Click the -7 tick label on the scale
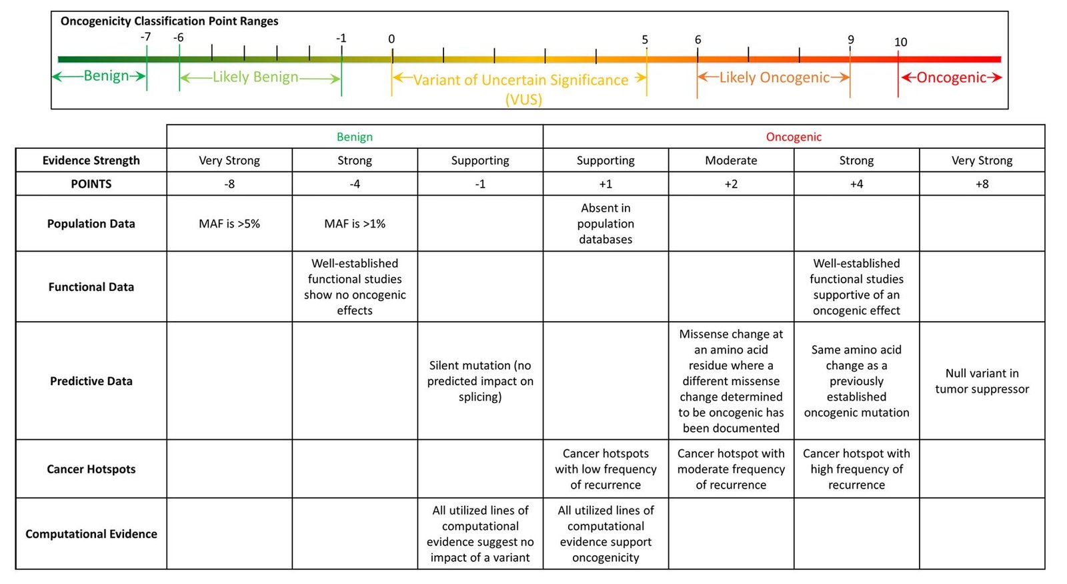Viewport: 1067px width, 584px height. click(x=146, y=37)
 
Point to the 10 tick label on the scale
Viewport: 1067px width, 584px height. click(x=900, y=42)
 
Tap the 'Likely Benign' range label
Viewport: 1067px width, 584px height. click(x=255, y=77)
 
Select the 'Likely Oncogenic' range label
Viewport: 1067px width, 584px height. click(x=774, y=77)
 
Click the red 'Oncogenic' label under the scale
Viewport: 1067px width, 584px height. click(x=951, y=77)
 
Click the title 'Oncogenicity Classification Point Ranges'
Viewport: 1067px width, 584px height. click(x=169, y=21)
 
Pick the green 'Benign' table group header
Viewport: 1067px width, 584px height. click(x=354, y=137)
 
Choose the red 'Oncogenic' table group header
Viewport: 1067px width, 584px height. click(x=794, y=137)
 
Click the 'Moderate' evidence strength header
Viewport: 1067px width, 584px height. click(x=731, y=160)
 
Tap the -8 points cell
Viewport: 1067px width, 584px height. click(x=229, y=184)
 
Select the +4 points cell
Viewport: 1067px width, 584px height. click(x=856, y=184)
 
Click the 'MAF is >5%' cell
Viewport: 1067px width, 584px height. click(x=229, y=224)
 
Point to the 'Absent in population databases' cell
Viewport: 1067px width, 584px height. click(x=606, y=224)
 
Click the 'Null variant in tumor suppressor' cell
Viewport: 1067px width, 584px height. click(x=982, y=381)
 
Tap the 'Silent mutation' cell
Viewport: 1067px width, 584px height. click(x=480, y=381)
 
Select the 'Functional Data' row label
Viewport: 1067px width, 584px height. click(x=91, y=287)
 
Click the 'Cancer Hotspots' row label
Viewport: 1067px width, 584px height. click(x=91, y=469)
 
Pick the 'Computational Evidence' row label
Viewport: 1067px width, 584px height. click(x=91, y=534)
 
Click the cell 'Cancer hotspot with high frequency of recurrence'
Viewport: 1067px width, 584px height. click(x=856, y=469)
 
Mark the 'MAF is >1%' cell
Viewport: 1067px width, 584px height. click(x=354, y=224)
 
